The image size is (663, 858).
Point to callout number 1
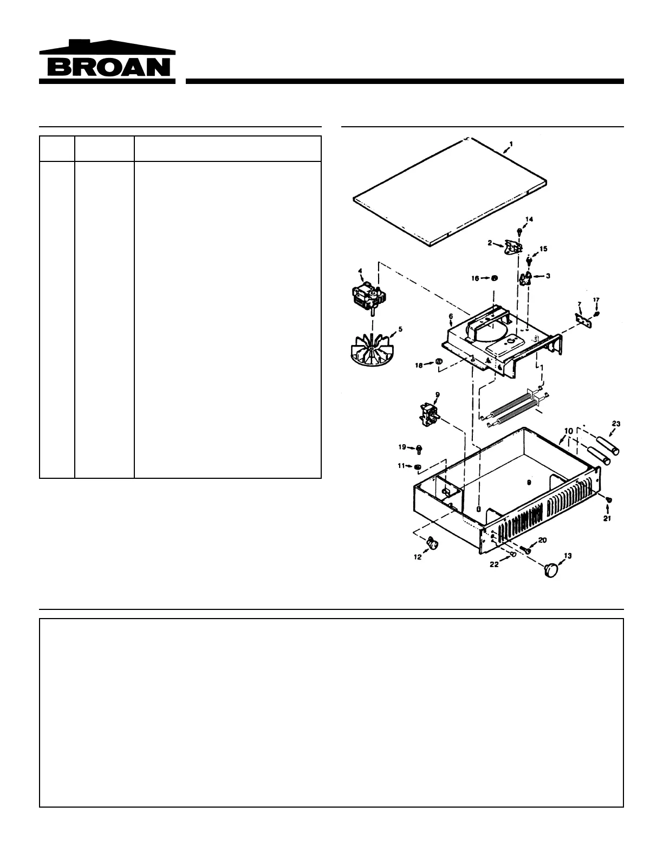click(x=511, y=144)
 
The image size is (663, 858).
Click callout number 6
click(x=451, y=316)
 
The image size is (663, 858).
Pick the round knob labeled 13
click(x=552, y=570)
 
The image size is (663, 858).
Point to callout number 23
click(x=616, y=424)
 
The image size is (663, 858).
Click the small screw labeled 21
click(x=609, y=499)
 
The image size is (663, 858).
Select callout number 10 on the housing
click(x=568, y=431)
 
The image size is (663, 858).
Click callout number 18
click(x=419, y=366)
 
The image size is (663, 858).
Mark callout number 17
click(x=596, y=300)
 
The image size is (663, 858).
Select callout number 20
click(x=542, y=540)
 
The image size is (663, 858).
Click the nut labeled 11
click(x=417, y=467)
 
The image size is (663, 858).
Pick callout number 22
click(x=494, y=564)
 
